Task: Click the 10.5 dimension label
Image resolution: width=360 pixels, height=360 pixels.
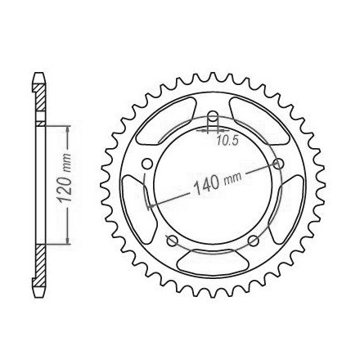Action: pos(224,140)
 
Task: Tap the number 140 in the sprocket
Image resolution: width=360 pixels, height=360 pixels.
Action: pos(206,186)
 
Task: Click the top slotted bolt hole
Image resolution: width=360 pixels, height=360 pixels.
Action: pos(213,119)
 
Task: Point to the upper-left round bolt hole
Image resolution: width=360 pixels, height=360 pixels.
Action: pos(147,164)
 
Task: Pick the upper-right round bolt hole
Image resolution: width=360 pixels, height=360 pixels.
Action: pos(278,164)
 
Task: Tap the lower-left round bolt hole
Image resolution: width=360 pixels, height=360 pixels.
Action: pos(172,241)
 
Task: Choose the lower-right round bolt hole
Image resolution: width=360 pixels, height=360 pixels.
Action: pos(254,241)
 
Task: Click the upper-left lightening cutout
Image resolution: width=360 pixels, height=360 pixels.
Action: pos(166,120)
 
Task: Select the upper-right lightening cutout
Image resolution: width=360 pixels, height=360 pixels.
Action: pos(259,120)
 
